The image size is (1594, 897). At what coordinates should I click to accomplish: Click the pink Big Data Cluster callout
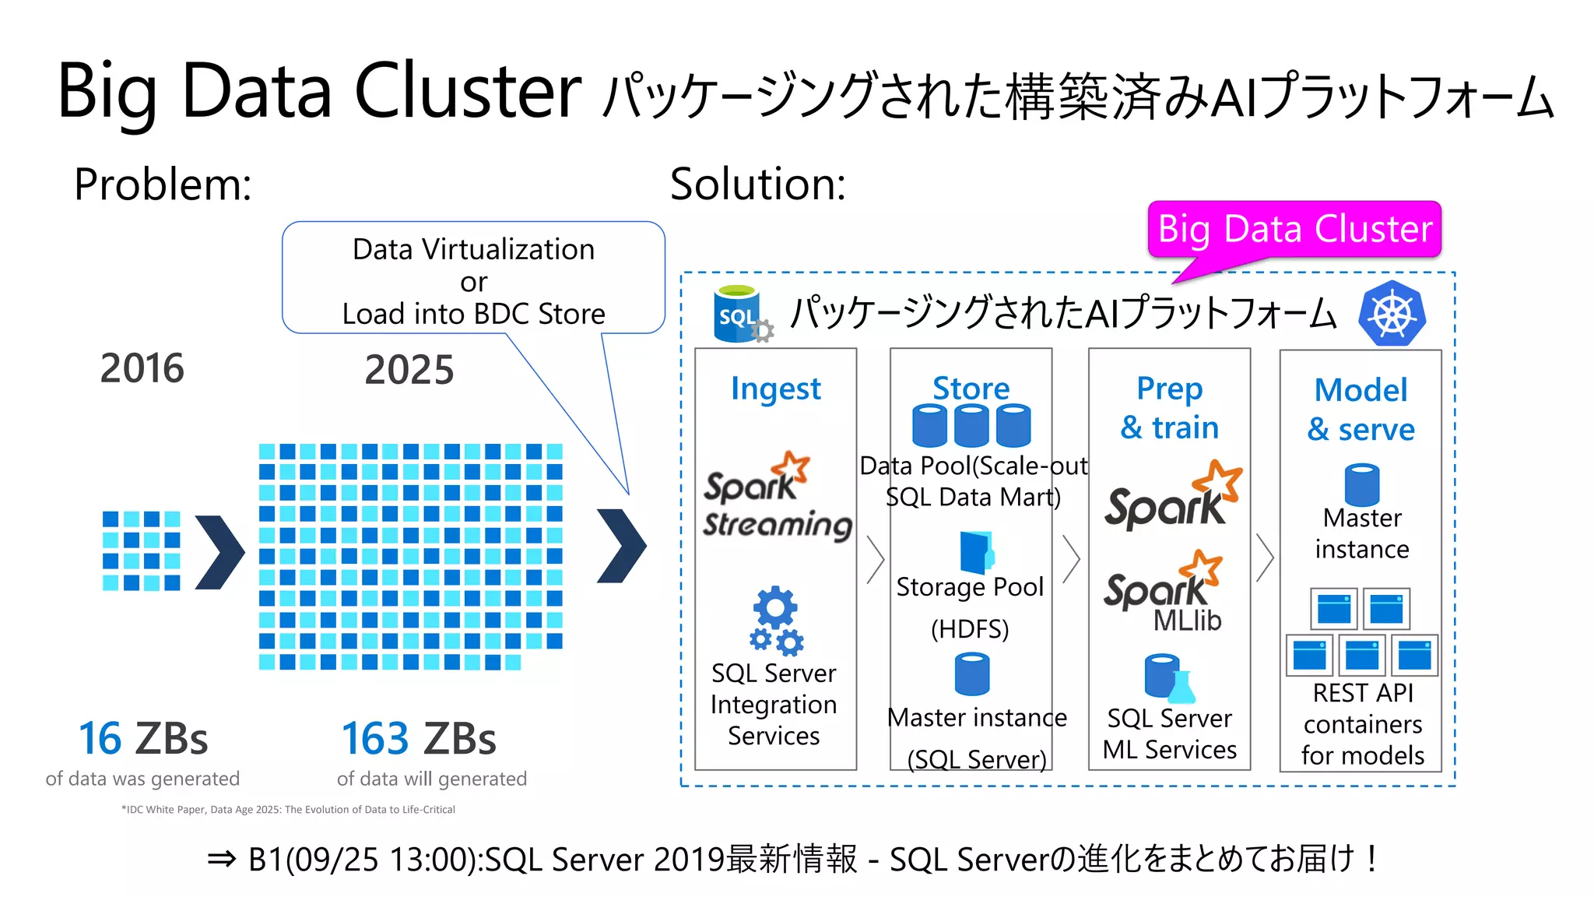(x=1294, y=229)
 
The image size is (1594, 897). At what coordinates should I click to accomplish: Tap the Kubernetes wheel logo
(x=1392, y=314)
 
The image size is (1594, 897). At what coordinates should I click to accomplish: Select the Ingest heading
(x=775, y=389)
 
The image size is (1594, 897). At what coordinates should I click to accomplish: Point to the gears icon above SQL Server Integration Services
(x=776, y=620)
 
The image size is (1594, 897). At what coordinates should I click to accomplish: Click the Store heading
(x=971, y=388)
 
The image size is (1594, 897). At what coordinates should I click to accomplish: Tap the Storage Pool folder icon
(x=976, y=552)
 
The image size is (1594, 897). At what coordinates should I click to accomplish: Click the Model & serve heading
(x=1361, y=409)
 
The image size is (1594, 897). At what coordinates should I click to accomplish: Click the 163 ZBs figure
(x=419, y=739)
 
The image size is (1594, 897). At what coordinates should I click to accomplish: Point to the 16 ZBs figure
(x=143, y=739)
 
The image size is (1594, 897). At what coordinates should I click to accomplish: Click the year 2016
(x=142, y=368)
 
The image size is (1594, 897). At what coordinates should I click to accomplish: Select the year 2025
(x=409, y=370)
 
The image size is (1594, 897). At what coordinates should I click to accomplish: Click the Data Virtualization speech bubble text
(x=473, y=281)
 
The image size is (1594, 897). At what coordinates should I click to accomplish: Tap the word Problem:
(x=163, y=185)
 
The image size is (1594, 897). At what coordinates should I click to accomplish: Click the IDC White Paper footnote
(x=288, y=810)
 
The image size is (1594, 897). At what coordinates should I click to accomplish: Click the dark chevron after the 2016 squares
(x=219, y=552)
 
